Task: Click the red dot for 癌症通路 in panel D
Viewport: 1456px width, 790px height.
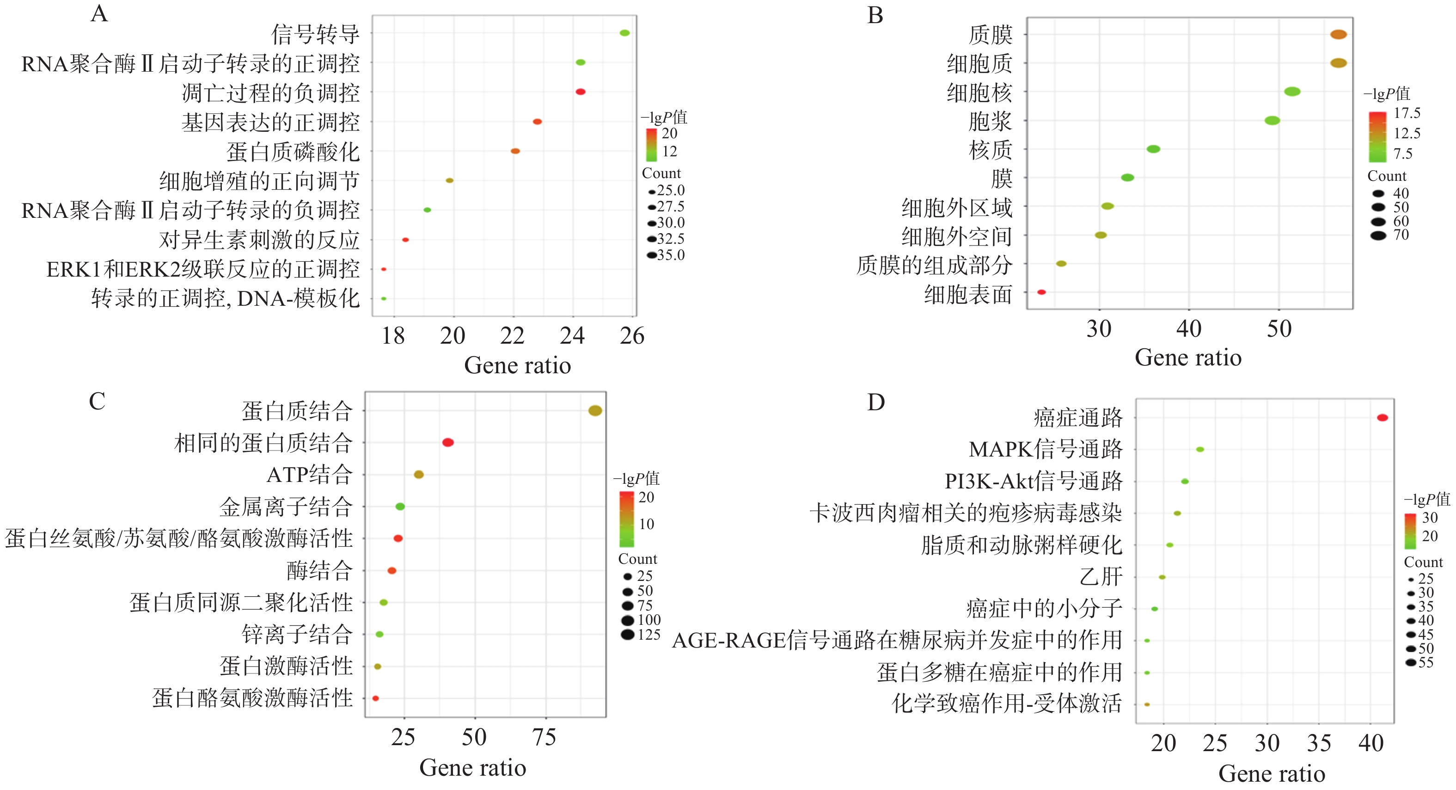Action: pyautogui.click(x=1382, y=418)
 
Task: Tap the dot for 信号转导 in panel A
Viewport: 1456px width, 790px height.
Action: pyautogui.click(x=624, y=33)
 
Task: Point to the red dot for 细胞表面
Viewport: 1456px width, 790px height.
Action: pyautogui.click(x=1041, y=292)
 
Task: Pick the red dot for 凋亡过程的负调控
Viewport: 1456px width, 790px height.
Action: pyautogui.click(x=581, y=92)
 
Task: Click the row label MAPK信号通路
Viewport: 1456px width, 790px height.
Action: pyautogui.click(x=1045, y=450)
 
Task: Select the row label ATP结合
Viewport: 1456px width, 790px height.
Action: pyautogui.click(x=310, y=475)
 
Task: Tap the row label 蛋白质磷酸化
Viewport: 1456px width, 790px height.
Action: pyautogui.click(x=293, y=152)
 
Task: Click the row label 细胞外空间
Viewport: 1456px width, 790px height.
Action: pyautogui.click(x=956, y=236)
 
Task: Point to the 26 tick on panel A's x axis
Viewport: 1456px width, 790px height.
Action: pyautogui.click(x=632, y=336)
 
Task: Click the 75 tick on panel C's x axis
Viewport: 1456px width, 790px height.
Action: pyautogui.click(x=544, y=737)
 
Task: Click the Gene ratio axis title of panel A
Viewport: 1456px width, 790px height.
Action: pyautogui.click(x=517, y=365)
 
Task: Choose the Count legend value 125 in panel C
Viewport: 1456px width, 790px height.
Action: pyautogui.click(x=649, y=635)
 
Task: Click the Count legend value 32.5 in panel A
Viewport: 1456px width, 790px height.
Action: pyautogui.click(x=670, y=239)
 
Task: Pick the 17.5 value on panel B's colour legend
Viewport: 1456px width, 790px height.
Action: pyautogui.click(x=1407, y=113)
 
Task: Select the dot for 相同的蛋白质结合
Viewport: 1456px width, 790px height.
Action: pyautogui.click(x=447, y=442)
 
